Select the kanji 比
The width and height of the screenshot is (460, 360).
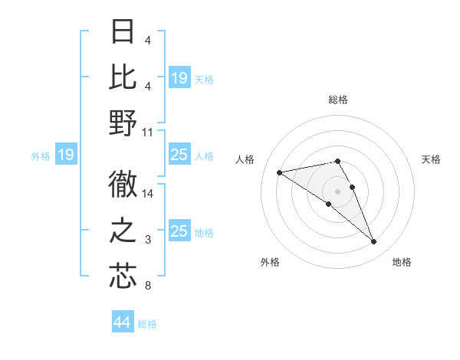click(x=123, y=77)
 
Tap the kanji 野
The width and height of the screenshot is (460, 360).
click(x=123, y=123)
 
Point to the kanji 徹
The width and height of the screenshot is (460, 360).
click(x=123, y=184)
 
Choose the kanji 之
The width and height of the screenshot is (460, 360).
click(x=123, y=231)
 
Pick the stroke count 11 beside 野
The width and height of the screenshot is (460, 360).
click(x=148, y=132)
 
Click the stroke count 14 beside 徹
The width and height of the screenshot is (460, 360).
click(x=148, y=194)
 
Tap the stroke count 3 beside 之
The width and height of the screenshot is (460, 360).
click(x=147, y=241)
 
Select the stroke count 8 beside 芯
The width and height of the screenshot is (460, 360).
click(x=147, y=286)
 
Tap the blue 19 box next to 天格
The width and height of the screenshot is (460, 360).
click(x=179, y=78)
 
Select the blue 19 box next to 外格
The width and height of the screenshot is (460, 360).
click(x=66, y=155)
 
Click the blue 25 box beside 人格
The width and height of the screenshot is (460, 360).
click(x=179, y=155)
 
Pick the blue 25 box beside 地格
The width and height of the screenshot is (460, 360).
click(x=179, y=232)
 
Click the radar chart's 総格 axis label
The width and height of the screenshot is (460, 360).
click(x=337, y=100)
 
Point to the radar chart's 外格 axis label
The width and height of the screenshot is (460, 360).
click(x=270, y=262)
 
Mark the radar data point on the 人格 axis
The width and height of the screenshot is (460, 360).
click(x=279, y=172)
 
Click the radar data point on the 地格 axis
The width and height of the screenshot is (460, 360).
click(x=374, y=242)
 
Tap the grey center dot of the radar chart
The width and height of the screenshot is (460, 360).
click(x=337, y=191)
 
